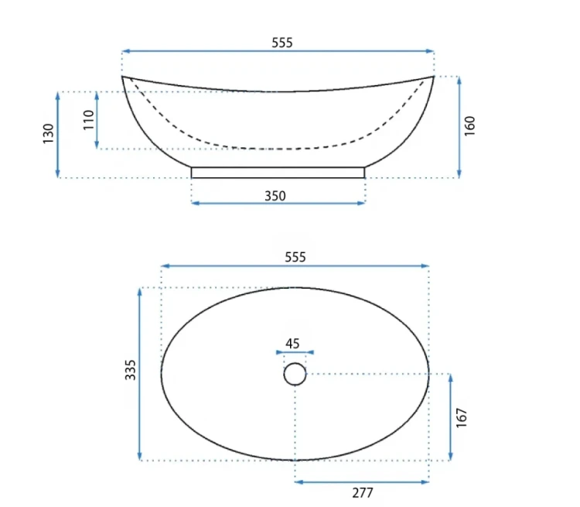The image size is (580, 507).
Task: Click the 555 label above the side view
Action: coord(281,43)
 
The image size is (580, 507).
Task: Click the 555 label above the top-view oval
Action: coord(295,257)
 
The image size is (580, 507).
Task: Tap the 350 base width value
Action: coord(275,196)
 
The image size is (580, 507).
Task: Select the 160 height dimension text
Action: coord(469,126)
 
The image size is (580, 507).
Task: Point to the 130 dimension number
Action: coord(49,134)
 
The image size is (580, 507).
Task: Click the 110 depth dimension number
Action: coord(88,120)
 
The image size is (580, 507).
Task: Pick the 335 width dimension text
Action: coord(130,369)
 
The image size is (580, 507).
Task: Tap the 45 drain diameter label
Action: coord(292,344)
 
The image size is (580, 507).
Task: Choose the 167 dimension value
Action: coord(462,418)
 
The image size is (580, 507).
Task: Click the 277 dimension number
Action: coord(363,493)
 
